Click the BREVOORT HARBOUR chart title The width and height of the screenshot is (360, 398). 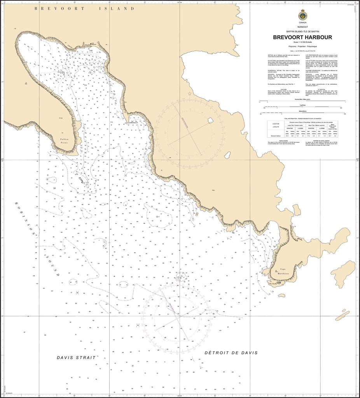[302, 37]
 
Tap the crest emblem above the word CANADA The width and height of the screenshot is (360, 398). [302, 15]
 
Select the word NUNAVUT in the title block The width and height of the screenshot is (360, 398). [302, 27]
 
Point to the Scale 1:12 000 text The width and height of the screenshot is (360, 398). [302, 42]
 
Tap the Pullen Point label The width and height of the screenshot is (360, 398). [64, 141]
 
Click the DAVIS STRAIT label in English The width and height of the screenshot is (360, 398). [76, 358]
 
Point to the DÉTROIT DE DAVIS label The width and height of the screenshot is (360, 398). [231, 353]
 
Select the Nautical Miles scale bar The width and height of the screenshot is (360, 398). [302, 101]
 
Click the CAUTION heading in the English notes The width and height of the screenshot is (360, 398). [280, 89]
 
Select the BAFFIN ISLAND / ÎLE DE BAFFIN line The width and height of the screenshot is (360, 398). [302, 31]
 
